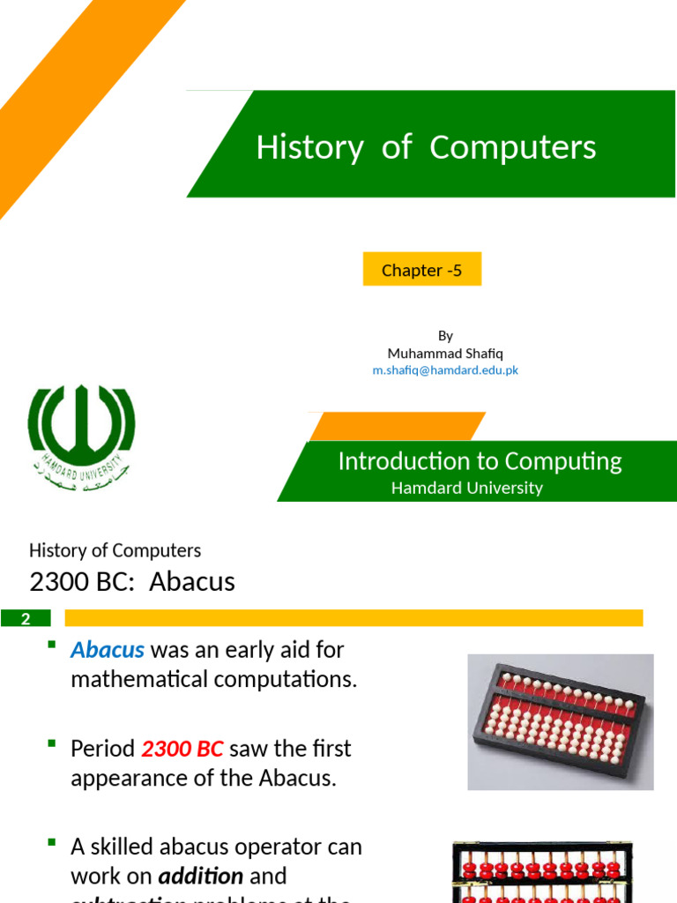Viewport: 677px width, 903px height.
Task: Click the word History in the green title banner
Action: (x=309, y=147)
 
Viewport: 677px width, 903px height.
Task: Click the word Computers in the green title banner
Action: (x=512, y=147)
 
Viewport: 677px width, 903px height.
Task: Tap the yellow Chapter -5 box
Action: (x=422, y=270)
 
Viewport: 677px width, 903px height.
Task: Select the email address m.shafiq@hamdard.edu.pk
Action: (x=445, y=370)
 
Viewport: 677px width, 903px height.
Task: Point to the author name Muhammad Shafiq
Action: (x=445, y=353)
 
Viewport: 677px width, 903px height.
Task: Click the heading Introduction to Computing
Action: (x=480, y=461)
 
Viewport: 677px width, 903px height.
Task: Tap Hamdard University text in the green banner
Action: (x=467, y=488)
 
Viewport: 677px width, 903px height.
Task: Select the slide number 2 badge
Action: (x=26, y=618)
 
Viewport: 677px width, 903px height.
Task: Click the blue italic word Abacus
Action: (x=108, y=650)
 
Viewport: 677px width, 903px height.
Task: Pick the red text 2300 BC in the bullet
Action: (x=182, y=749)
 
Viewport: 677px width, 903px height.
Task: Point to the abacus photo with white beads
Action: (x=560, y=721)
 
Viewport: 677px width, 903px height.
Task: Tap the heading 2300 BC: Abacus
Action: (x=132, y=582)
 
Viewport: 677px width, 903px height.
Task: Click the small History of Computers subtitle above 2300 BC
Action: (x=115, y=550)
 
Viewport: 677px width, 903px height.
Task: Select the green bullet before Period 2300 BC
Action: (x=53, y=745)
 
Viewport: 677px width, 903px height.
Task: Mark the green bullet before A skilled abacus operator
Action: (x=53, y=844)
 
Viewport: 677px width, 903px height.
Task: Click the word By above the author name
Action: (x=445, y=335)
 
